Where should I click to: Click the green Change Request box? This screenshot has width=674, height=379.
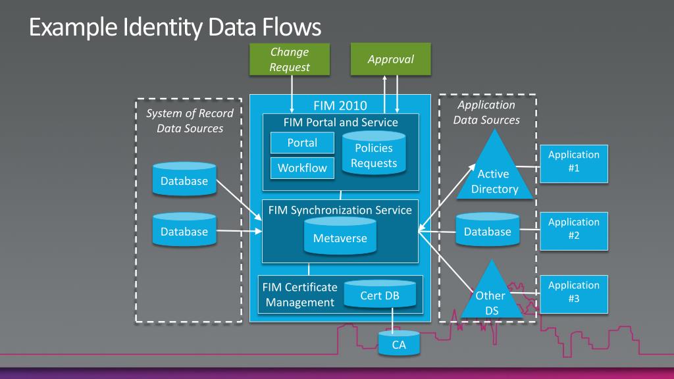pos(290,59)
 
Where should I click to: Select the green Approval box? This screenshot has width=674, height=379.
pos(390,59)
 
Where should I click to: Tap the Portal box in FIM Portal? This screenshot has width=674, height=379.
pos(302,143)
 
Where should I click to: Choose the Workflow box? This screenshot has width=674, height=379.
pos(302,168)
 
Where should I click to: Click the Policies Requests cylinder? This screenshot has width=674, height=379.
pos(374,155)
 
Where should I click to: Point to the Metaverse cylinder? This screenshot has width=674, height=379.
pos(340,236)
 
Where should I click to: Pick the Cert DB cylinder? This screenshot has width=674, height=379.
pos(380,296)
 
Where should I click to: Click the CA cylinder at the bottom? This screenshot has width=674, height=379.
pos(399,343)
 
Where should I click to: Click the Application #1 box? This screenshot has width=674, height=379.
pos(573,162)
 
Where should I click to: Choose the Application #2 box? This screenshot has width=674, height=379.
pos(573,229)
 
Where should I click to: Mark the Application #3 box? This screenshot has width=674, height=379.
pos(573,292)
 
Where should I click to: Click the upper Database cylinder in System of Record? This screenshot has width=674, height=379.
pos(184,180)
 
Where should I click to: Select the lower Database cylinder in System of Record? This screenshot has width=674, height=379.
pos(184,230)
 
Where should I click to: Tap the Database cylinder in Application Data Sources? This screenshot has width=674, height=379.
pos(487,230)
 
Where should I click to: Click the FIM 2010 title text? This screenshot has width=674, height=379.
pos(340,105)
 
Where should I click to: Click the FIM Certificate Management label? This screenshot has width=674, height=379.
pos(299,295)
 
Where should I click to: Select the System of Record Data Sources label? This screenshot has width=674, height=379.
pos(190,121)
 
